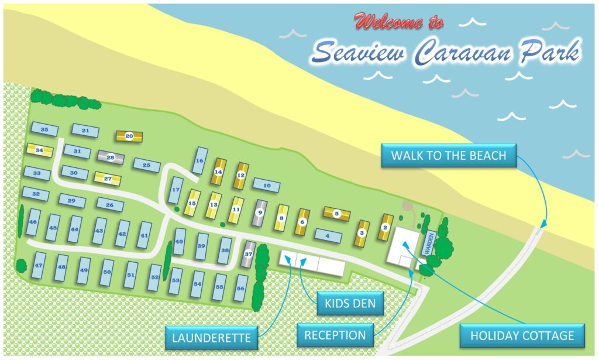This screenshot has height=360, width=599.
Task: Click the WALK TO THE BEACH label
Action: [x=449, y=156]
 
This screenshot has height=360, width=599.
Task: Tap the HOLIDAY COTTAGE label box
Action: [x=522, y=335]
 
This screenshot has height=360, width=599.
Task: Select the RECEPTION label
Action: [x=335, y=335]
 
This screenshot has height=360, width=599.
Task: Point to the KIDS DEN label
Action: [x=350, y=304]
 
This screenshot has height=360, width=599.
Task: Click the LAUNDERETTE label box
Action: [x=211, y=338]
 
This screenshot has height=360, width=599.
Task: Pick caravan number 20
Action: [x=129, y=136]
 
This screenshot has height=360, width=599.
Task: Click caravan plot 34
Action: [x=40, y=150]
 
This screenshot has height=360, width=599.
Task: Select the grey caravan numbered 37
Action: [x=248, y=254]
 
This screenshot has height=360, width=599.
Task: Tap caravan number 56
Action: [x=240, y=287]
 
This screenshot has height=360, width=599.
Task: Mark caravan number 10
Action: [x=267, y=186]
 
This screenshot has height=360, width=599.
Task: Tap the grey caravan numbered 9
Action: [x=260, y=213]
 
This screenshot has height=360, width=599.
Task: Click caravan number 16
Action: [x=199, y=160]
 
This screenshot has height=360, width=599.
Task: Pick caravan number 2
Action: [x=385, y=227]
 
